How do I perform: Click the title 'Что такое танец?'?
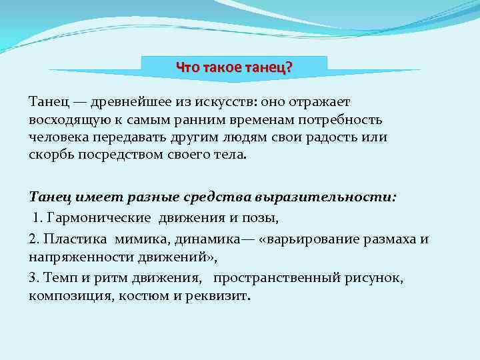[234, 68]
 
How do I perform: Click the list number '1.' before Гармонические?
[39, 218]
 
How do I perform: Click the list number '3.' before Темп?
[34, 277]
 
